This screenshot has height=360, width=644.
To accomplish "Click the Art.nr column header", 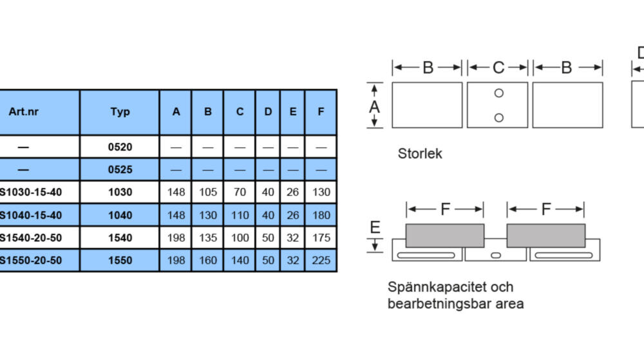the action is click(23, 111).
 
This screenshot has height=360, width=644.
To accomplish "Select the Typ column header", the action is click(120, 111).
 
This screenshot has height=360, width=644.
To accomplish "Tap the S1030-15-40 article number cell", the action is click(31, 192).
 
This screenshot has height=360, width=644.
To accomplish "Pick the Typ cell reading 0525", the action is click(120, 169).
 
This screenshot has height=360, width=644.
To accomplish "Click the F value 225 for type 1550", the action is click(321, 260).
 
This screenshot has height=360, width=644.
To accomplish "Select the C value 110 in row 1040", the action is click(240, 215).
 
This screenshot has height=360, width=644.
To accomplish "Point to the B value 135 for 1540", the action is click(208, 238).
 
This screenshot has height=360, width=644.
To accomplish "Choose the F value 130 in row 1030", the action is click(321, 192).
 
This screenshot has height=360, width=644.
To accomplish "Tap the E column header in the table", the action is click(293, 111).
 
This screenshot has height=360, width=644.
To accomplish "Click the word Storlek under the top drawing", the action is click(420, 153).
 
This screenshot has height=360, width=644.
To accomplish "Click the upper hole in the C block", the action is click(499, 93).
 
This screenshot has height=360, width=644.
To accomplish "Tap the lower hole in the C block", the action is click(499, 118).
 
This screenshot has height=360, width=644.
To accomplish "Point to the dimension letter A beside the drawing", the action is click(374, 107).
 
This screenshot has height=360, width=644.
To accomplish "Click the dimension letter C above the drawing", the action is click(498, 68).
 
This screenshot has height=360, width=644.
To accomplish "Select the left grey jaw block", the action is click(445, 236).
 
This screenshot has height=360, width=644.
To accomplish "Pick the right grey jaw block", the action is click(546, 236).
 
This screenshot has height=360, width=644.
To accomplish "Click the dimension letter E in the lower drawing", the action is click(375, 227).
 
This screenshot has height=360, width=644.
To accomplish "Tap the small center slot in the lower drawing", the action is click(496, 255).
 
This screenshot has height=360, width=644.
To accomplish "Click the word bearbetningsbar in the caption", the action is click(437, 304).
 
